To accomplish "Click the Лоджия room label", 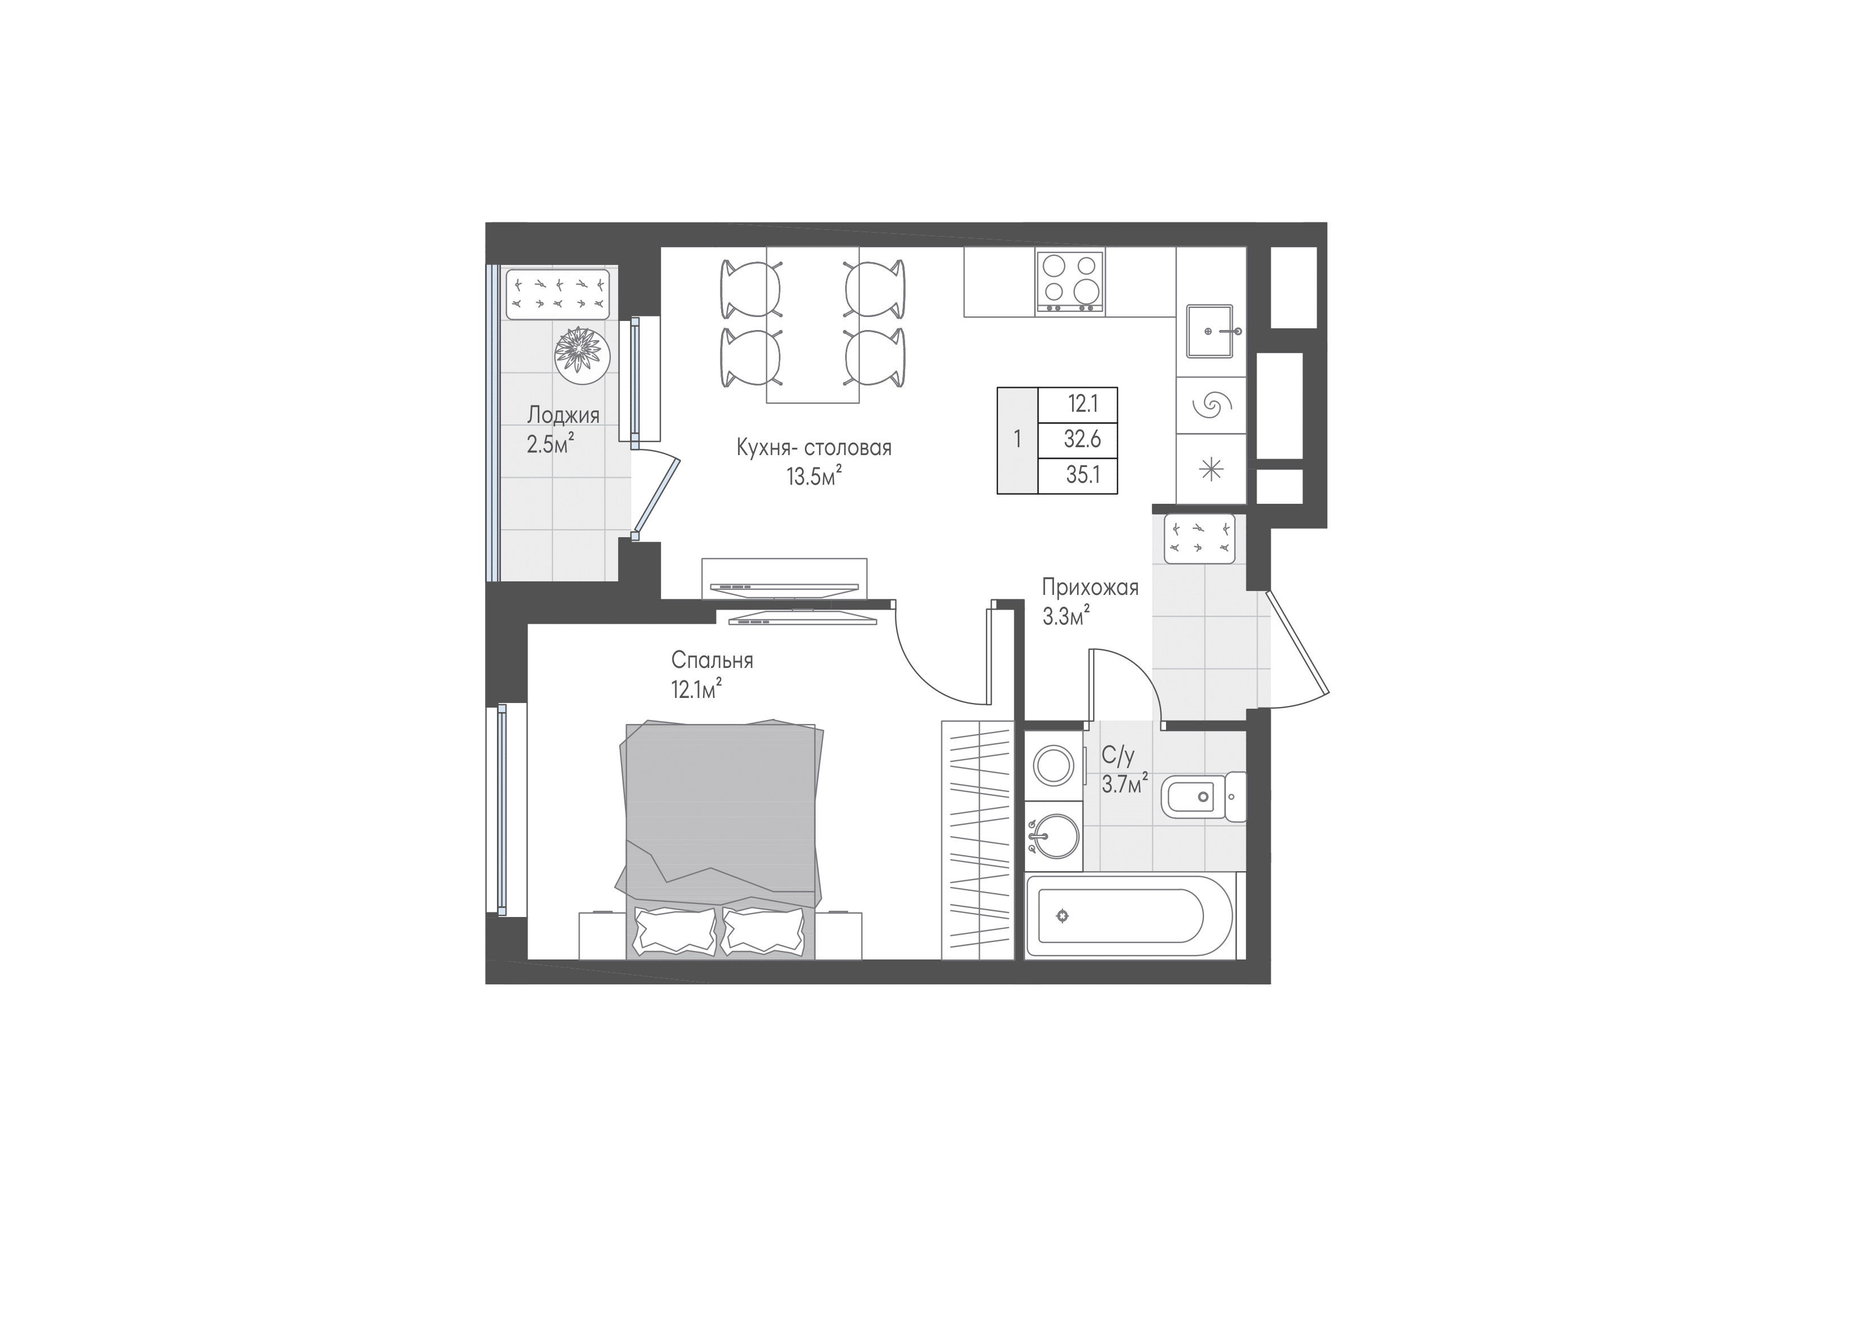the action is click(x=563, y=415).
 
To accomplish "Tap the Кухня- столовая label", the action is click(x=814, y=448).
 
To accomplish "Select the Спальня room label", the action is click(x=712, y=660).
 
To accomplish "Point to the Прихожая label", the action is click(x=1090, y=588).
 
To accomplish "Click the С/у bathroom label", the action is click(x=1117, y=756).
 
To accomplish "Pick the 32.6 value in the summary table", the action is click(x=1082, y=440).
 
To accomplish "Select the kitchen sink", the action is click(x=1211, y=331).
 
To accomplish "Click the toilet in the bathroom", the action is click(x=1203, y=797).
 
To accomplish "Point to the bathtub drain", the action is click(x=1061, y=915).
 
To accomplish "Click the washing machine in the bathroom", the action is click(x=1054, y=766).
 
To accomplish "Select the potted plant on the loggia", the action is click(x=582, y=353).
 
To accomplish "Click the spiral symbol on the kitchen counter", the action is click(x=1211, y=405).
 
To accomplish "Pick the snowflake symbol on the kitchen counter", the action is click(x=1211, y=468).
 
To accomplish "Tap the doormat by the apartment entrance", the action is click(x=1199, y=538).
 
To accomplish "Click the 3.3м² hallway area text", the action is click(x=1067, y=616).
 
